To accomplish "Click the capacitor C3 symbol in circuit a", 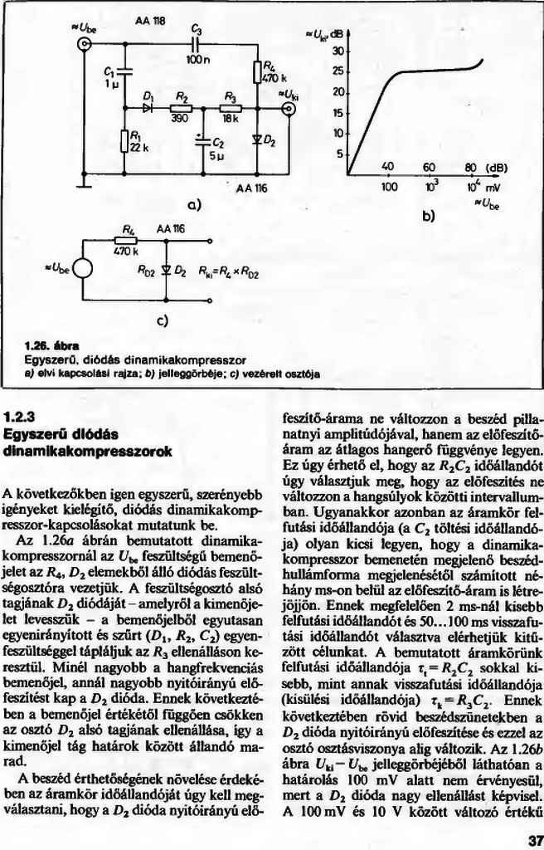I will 197,44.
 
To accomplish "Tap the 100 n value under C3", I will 197,61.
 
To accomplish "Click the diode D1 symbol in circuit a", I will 149,106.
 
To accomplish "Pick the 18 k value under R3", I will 230,119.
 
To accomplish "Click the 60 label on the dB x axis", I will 429,166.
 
